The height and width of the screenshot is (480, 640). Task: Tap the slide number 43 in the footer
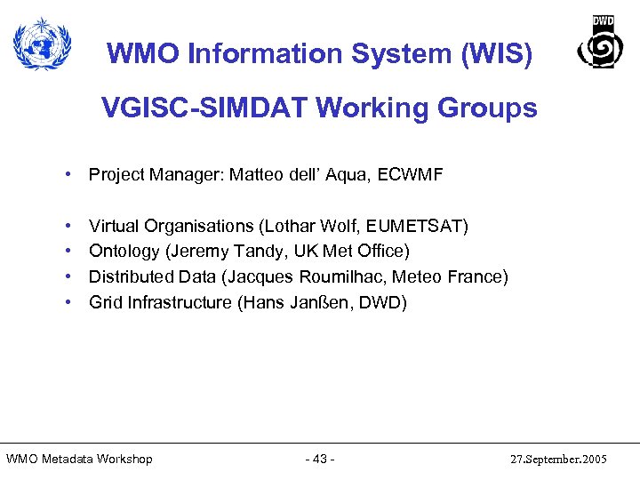tap(319, 459)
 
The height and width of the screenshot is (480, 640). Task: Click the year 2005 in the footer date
tap(591, 460)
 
